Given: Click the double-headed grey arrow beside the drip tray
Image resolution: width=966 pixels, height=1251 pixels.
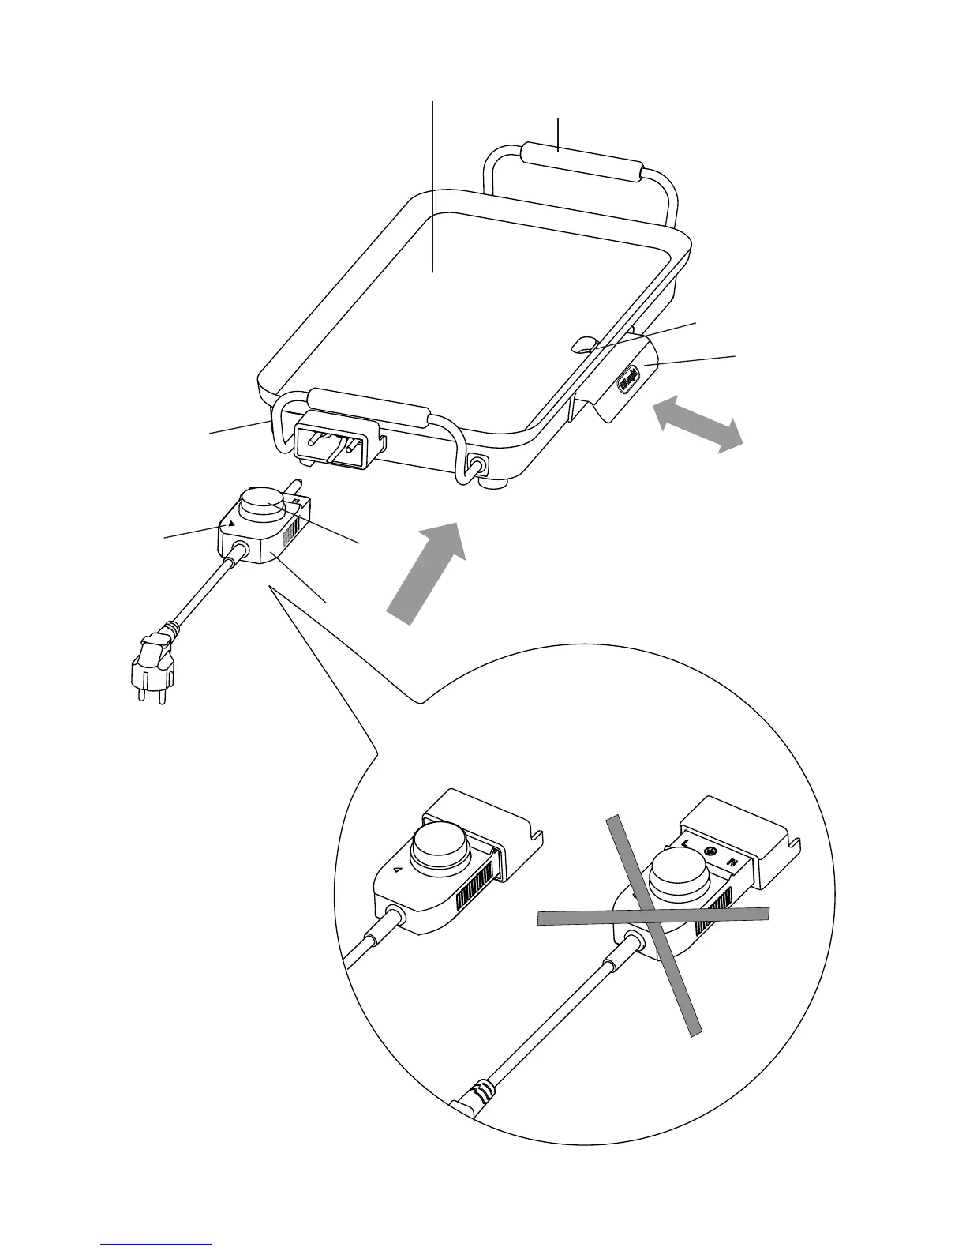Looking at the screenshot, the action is point(698,425).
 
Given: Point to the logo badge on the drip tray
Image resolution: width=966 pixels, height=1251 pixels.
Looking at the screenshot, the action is point(628,379).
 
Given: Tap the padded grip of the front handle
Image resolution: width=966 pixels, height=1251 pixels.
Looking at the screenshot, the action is point(370,408).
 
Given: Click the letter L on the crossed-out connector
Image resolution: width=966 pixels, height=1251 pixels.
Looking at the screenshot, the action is point(685,844).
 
